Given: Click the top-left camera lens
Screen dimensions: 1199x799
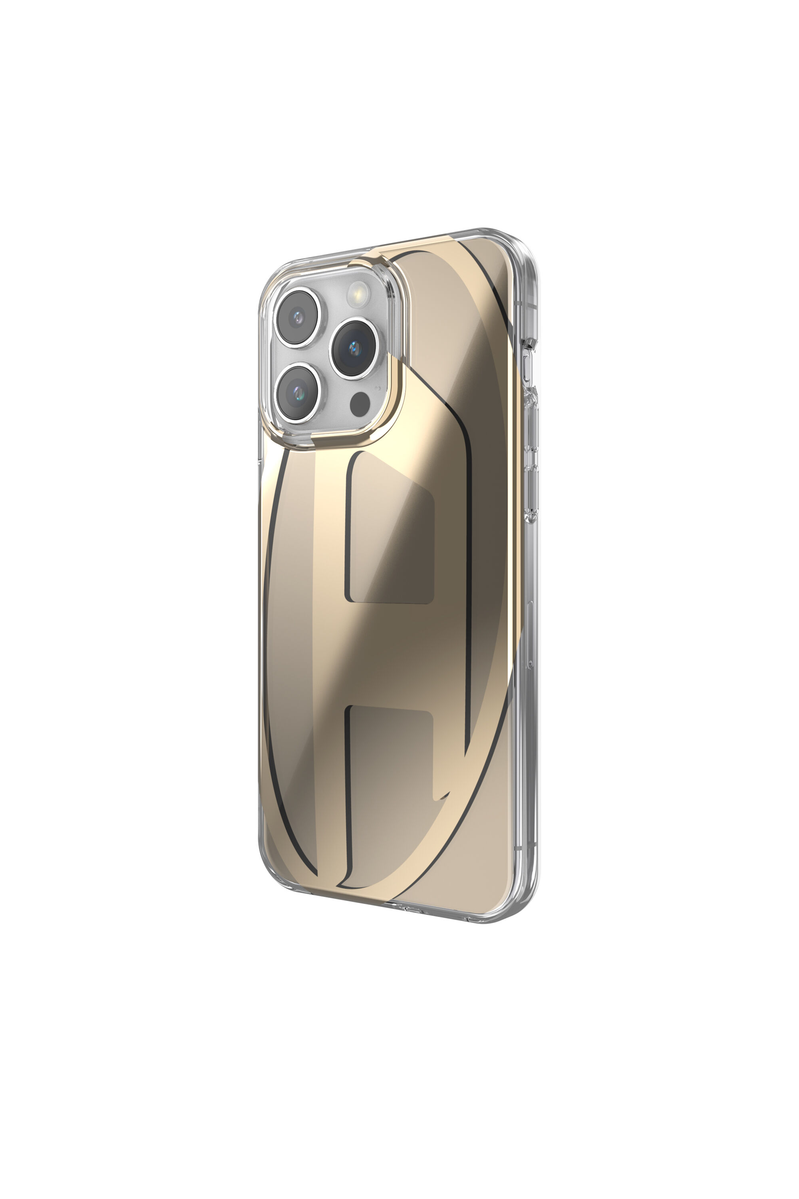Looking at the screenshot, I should coord(298,317).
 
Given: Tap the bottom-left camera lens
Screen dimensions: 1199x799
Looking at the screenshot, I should coord(298,392).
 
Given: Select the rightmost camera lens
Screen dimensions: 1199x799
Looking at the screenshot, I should coord(354,348).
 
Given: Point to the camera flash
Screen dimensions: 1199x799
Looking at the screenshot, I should coord(359,294).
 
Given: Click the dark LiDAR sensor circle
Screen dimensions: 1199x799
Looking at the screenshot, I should coord(360,404).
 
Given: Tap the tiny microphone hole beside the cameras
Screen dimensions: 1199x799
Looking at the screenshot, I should coord(377,387).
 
